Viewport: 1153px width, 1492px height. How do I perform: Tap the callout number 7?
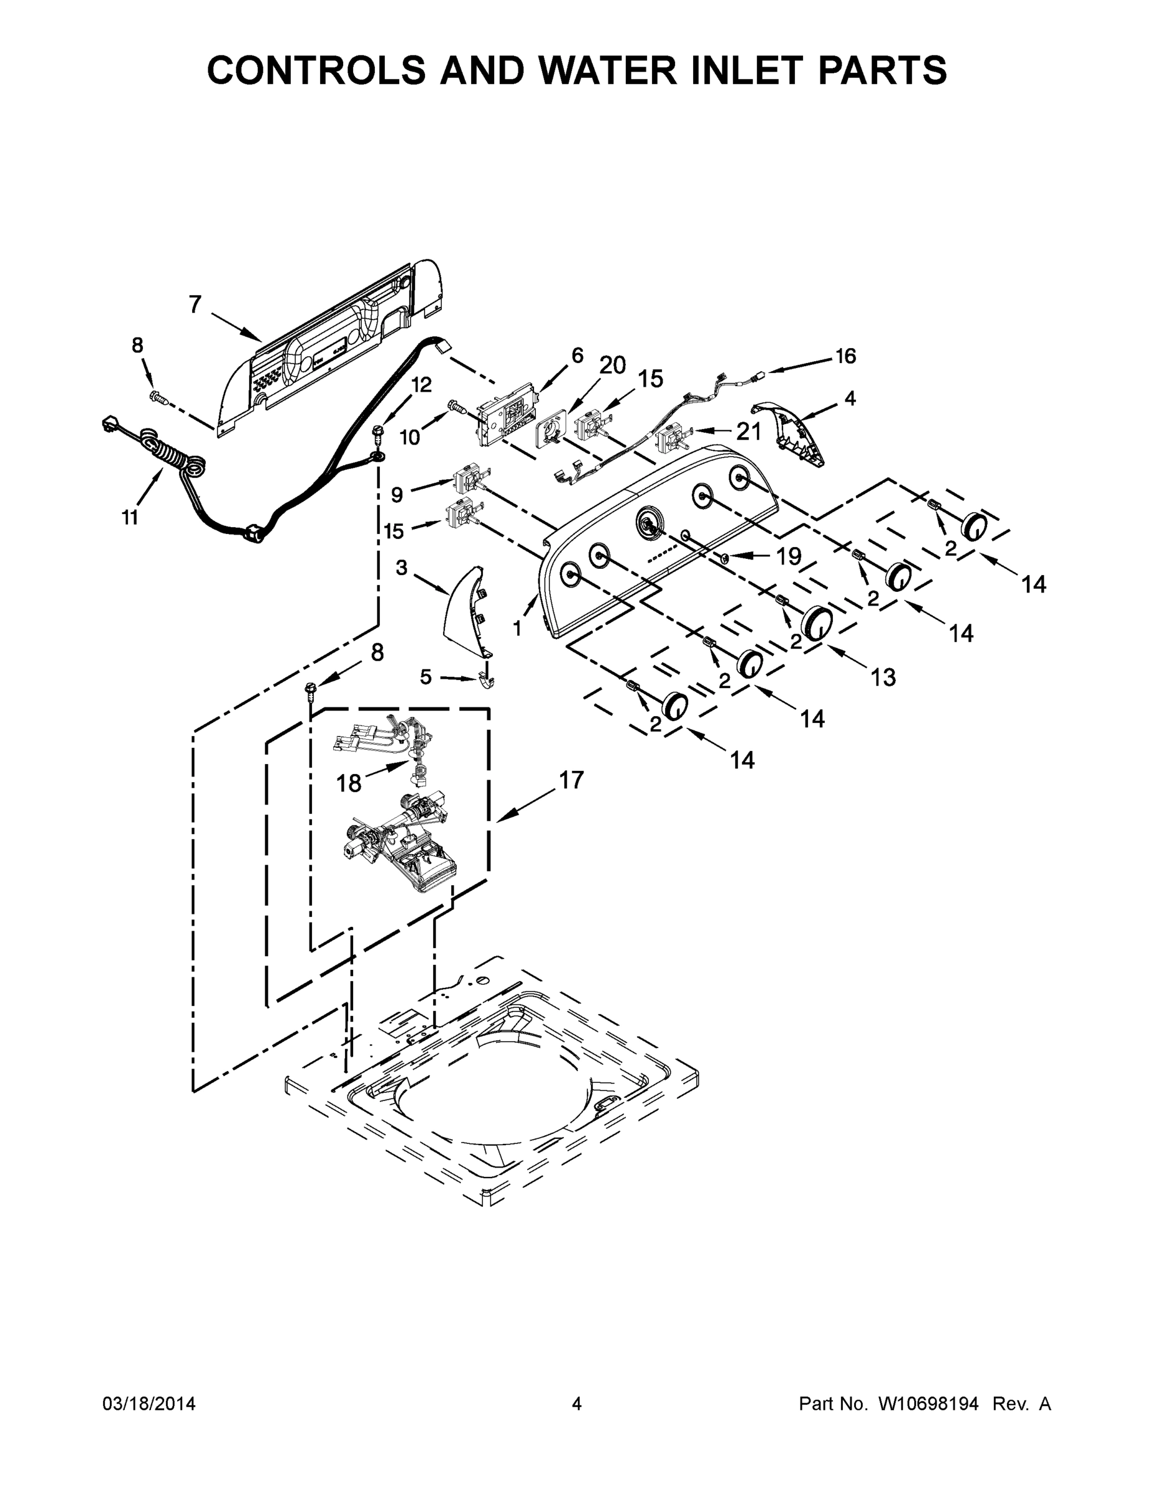click(x=195, y=305)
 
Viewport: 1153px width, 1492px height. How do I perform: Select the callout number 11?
click(x=130, y=518)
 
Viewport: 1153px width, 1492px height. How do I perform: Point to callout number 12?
click(x=421, y=385)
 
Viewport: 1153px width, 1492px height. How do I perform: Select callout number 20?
click(x=612, y=366)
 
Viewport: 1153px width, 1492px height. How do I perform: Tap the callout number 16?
click(x=845, y=356)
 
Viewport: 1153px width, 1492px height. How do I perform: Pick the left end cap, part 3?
click(x=463, y=612)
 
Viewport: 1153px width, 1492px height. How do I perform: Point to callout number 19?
click(x=788, y=557)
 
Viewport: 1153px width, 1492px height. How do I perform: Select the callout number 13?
click(x=883, y=677)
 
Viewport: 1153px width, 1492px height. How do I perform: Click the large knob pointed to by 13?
click(x=816, y=622)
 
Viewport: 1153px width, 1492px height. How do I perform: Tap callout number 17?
click(x=571, y=780)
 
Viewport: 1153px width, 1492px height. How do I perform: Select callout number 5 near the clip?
click(x=426, y=677)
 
